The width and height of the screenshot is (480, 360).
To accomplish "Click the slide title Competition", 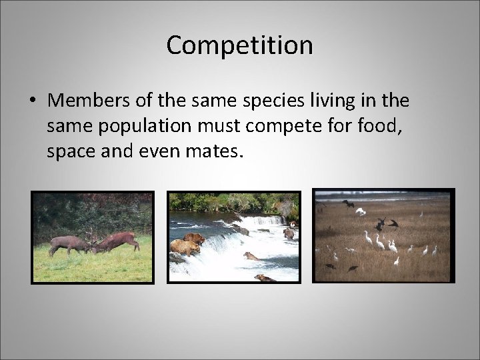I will click(x=239, y=45).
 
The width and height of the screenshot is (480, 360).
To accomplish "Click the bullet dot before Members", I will click(x=32, y=101).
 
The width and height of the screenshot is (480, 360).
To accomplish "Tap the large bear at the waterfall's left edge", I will click(x=185, y=247).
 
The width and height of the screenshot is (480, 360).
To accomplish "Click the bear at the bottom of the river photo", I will click(x=264, y=277).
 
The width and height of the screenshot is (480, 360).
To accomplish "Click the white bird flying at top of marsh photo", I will click(x=361, y=211).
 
